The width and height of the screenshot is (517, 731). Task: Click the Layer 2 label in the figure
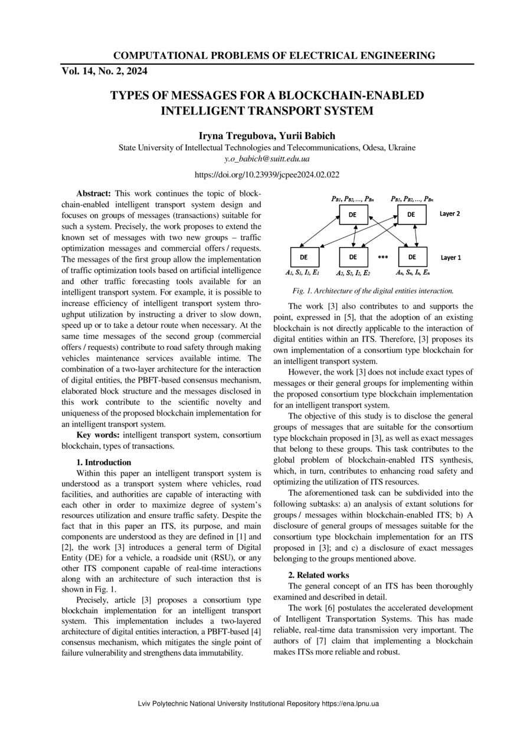pyautogui.click(x=450, y=214)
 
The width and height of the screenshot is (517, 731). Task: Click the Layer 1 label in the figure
pyautogui.click(x=451, y=258)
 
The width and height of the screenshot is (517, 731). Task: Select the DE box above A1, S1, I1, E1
pyautogui.click(x=304, y=257)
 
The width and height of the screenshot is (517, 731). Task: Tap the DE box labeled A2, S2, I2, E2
pyautogui.click(x=353, y=257)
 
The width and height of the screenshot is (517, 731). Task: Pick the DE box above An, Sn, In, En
pyautogui.click(x=413, y=257)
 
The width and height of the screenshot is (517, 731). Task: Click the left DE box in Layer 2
pyautogui.click(x=353, y=215)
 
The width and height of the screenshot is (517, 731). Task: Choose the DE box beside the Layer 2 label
pyautogui.click(x=412, y=215)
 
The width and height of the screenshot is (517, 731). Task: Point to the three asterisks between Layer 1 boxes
pyautogui.click(x=382, y=258)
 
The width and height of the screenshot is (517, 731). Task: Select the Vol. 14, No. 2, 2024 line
pyautogui.click(x=104, y=71)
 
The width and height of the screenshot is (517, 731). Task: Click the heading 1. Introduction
pyautogui.click(x=104, y=462)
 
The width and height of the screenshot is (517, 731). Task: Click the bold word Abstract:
pyautogui.click(x=94, y=193)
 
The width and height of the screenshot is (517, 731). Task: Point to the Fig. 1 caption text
pyautogui.click(x=373, y=291)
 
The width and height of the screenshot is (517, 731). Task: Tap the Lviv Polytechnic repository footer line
pyautogui.click(x=258, y=703)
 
